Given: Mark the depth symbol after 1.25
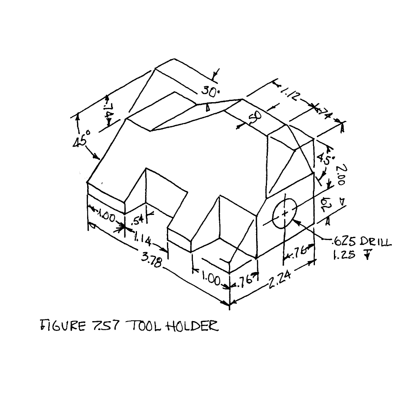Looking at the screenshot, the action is [x=366, y=255].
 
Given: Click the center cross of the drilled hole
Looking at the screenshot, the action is [x=285, y=212].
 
